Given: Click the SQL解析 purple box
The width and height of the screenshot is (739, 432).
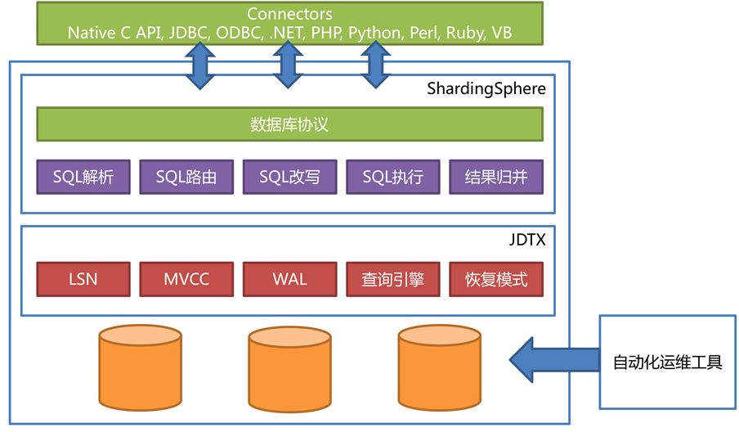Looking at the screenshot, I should pos(83,177).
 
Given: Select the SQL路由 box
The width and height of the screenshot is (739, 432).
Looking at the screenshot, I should pos(186,177).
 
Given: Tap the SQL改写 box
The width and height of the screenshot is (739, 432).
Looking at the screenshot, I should pos(289,177).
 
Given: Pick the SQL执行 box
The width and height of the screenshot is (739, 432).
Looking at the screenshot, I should pos(393,177).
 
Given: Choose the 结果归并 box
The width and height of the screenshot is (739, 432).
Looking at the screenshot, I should pos(496,177).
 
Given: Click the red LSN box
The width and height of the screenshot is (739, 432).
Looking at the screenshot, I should pos(83,279).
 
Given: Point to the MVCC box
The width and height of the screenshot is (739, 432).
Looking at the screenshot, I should pos(186,279).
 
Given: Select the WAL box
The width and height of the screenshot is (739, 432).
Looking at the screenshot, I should pos(289,279).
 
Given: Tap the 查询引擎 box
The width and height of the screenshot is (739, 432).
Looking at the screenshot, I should pos(393,279).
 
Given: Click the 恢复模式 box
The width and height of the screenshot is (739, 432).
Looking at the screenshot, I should pos(496,279).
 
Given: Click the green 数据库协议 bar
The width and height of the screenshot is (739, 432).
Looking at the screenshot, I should pos(289,125).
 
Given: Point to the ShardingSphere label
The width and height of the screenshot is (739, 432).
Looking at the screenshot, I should pos(486,88).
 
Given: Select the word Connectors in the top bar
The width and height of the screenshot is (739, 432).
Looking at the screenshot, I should pos(289,15).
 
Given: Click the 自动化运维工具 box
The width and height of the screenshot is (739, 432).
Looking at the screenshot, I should pos(668,362).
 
